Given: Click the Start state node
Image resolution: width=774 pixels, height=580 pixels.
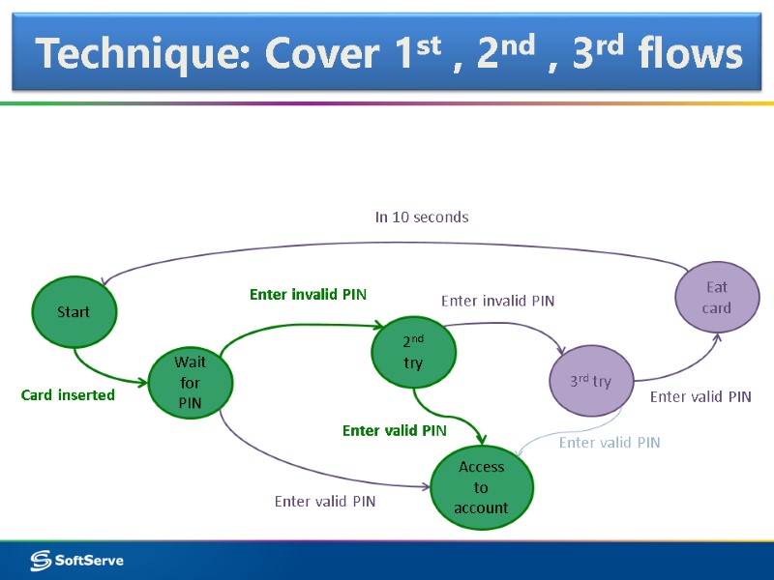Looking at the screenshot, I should pyautogui.click(x=74, y=311).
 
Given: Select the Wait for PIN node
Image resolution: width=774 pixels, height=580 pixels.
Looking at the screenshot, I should pyautogui.click(x=190, y=383).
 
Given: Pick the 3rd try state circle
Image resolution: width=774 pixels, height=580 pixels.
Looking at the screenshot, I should pyautogui.click(x=590, y=381).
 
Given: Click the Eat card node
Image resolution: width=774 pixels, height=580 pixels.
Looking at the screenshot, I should pyautogui.click(x=717, y=298).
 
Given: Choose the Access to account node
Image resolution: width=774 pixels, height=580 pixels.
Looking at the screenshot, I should pyautogui.click(x=481, y=487).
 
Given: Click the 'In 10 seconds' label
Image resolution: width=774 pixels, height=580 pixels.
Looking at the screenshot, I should pyautogui.click(x=422, y=217).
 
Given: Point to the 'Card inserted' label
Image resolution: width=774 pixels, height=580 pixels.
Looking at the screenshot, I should pyautogui.click(x=68, y=394).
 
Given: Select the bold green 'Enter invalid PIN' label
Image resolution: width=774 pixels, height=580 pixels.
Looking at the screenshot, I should pyautogui.click(x=308, y=294).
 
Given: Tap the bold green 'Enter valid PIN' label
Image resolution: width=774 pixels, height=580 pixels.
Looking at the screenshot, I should pyautogui.click(x=395, y=430).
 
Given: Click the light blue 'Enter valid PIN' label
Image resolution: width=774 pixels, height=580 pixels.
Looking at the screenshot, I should pyautogui.click(x=610, y=442).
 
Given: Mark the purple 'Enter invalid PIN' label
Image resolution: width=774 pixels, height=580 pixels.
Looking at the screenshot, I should pyautogui.click(x=497, y=301).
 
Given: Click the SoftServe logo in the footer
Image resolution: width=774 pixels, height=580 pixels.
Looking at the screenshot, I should pyautogui.click(x=77, y=560).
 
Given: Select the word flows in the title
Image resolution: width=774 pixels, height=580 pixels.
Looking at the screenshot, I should pyautogui.click(x=690, y=54).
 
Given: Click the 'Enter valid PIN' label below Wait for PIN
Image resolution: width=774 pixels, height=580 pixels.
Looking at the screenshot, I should pyautogui.click(x=325, y=501).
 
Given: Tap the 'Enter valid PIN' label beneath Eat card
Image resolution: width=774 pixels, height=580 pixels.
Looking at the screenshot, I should pyautogui.click(x=700, y=396).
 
